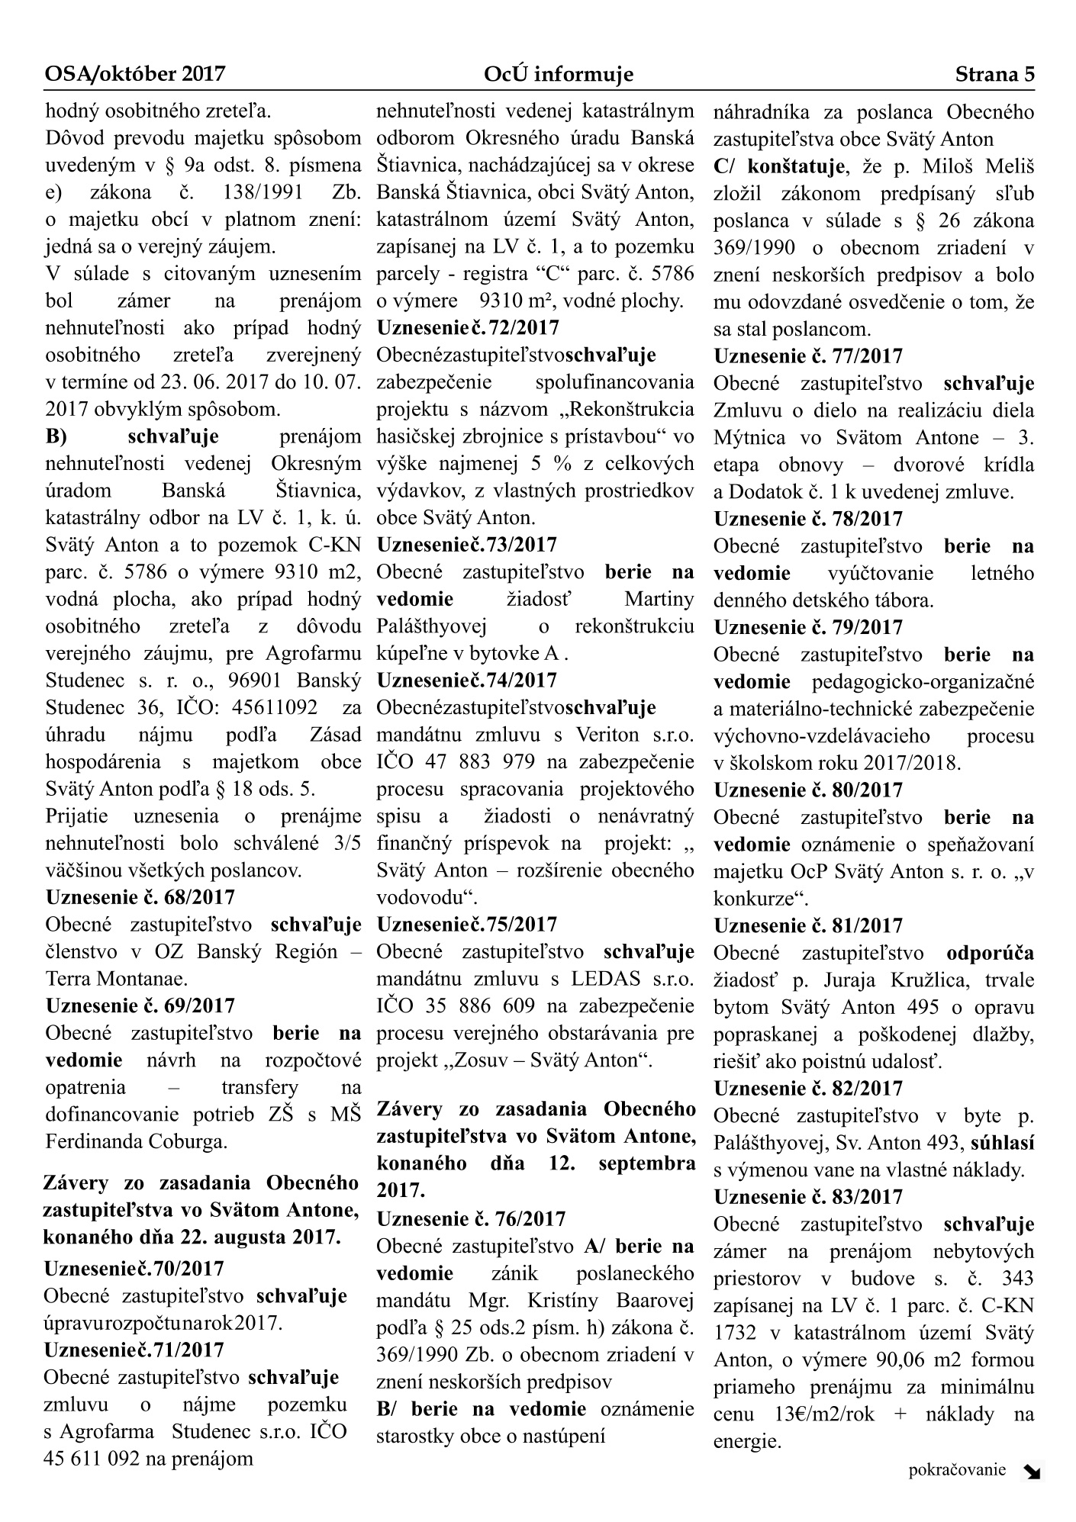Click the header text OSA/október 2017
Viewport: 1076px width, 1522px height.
[x=135, y=75]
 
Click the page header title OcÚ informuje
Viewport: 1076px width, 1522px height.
[x=558, y=75]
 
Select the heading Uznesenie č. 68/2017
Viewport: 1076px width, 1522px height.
[x=140, y=897]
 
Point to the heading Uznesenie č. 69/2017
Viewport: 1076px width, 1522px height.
[x=140, y=1006]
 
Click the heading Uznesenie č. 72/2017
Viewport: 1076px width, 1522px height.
[x=468, y=328]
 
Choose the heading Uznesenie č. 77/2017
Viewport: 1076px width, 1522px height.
[x=808, y=356]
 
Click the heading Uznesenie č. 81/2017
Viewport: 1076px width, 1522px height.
[x=808, y=925]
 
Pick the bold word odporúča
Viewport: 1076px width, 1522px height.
[x=990, y=953]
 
